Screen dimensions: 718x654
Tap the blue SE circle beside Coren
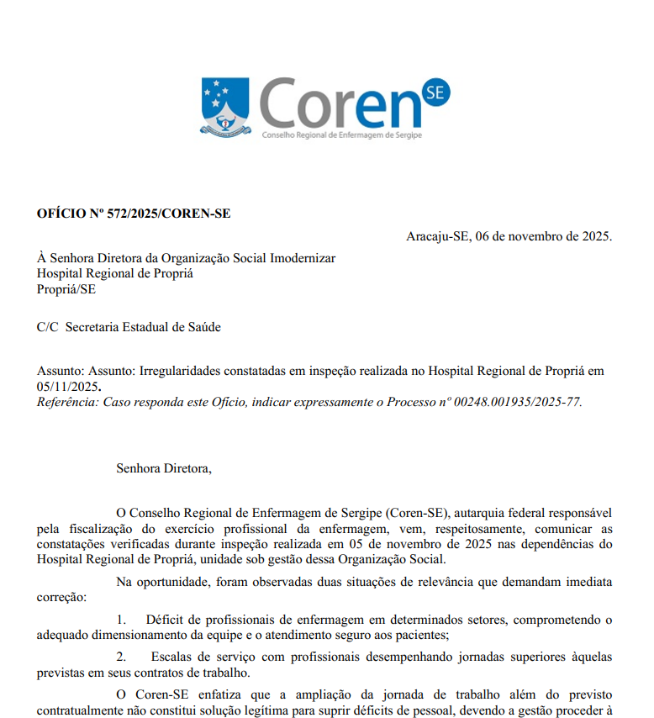(435, 94)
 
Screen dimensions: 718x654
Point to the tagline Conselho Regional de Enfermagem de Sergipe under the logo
(342, 135)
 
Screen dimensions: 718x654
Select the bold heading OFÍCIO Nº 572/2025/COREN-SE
(134, 214)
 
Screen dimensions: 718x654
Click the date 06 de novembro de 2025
(544, 235)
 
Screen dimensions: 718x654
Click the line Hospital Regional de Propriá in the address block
(115, 273)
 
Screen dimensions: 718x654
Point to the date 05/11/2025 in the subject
(67, 386)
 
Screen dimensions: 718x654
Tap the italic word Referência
(67, 401)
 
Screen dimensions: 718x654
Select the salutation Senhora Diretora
(164, 468)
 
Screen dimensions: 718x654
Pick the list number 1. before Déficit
(121, 620)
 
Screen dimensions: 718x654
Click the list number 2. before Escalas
(121, 656)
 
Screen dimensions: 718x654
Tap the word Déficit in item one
(165, 620)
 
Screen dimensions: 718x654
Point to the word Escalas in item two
(171, 656)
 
